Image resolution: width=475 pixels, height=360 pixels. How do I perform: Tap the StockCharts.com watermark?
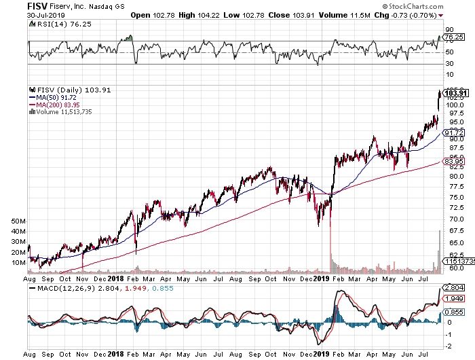click(413, 6)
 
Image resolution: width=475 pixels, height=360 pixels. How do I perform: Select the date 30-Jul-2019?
click(45, 15)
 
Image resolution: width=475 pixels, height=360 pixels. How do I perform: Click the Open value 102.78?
click(164, 15)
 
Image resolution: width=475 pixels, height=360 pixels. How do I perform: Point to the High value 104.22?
click(208, 15)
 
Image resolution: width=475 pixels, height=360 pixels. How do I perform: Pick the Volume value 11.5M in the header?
click(359, 15)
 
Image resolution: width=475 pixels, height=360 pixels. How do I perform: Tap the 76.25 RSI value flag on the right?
click(453, 37)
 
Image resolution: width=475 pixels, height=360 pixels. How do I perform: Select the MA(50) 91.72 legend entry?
click(53, 98)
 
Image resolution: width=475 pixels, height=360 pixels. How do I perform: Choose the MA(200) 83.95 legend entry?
click(54, 105)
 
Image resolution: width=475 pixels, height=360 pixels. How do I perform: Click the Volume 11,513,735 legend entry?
click(60, 112)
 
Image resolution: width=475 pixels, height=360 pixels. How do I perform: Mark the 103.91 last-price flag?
click(456, 93)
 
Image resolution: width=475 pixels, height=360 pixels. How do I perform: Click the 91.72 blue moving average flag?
click(454, 133)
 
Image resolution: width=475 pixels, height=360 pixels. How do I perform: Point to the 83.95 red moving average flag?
click(454, 161)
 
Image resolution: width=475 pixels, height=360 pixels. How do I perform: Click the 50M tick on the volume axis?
click(18, 221)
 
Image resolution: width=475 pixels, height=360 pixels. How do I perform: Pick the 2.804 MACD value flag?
click(453, 287)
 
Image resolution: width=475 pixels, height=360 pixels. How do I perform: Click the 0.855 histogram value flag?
click(453, 312)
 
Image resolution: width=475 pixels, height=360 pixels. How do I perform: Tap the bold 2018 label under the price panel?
click(116, 278)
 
